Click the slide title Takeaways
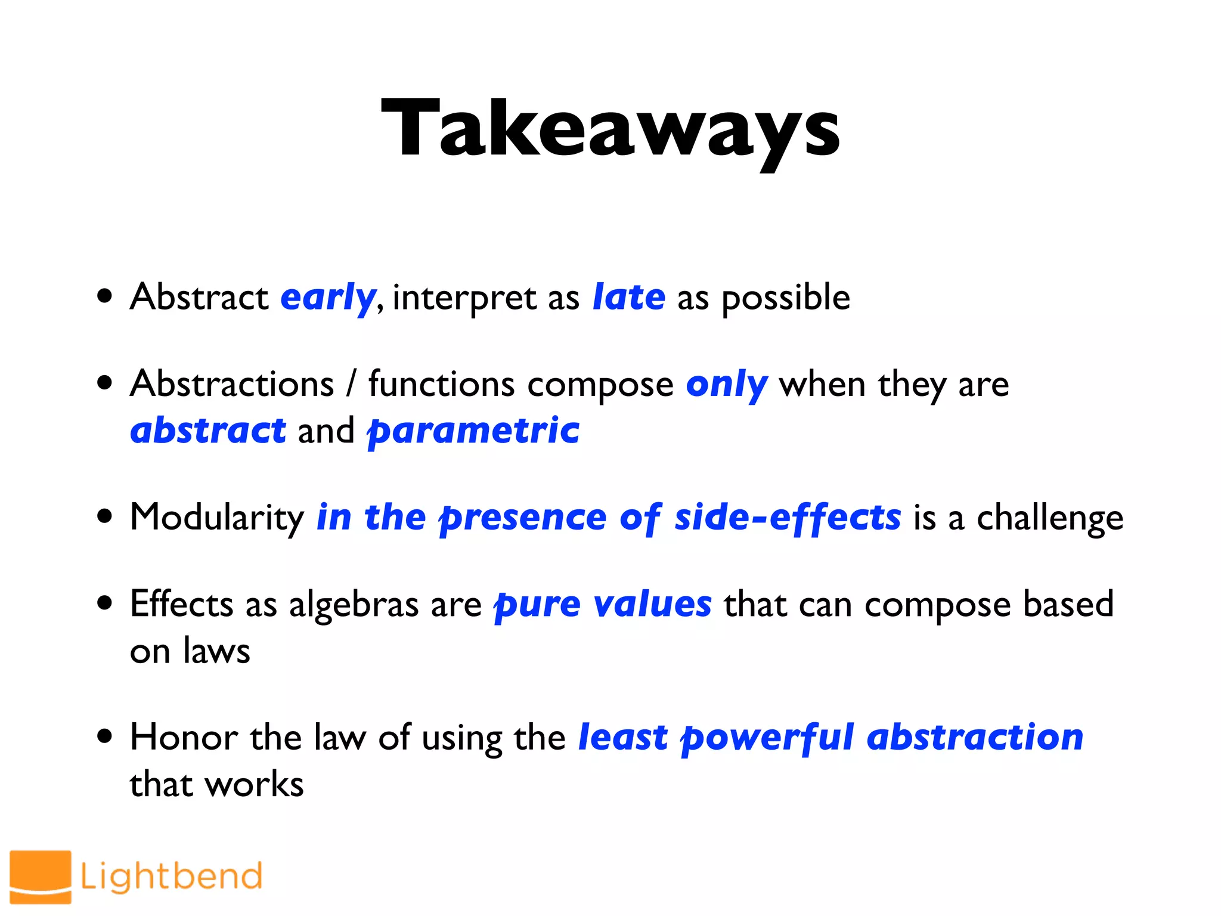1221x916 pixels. pyautogui.click(x=610, y=130)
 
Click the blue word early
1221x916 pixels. pyautogui.click(x=327, y=297)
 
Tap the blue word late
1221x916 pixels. pyautogui.click(x=628, y=297)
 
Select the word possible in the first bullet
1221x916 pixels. pyautogui.click(x=785, y=298)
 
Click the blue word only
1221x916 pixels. pyautogui.click(x=726, y=385)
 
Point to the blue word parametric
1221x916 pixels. pyautogui.click(x=473, y=432)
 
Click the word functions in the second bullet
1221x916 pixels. pyautogui.click(x=441, y=383)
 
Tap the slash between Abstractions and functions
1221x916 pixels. pyautogui.click(x=352, y=383)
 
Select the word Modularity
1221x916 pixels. pyautogui.click(x=217, y=518)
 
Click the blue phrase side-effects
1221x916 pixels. pyautogui.click(x=787, y=516)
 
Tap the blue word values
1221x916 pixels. pyautogui.click(x=653, y=604)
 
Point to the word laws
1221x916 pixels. pyautogui.click(x=216, y=651)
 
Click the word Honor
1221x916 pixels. pyautogui.click(x=184, y=737)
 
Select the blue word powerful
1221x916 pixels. pyautogui.click(x=768, y=738)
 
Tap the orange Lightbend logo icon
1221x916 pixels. pyautogui.click(x=41, y=877)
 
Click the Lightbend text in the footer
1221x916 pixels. pyautogui.click(x=171, y=877)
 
